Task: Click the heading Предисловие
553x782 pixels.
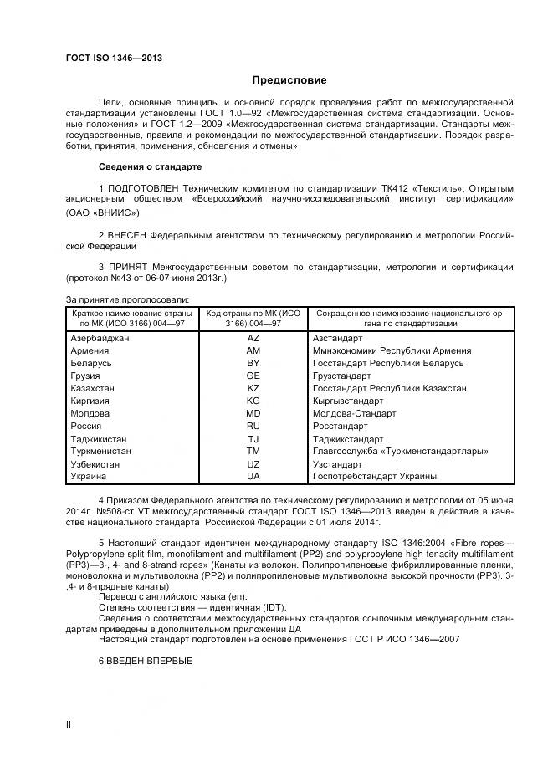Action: pyautogui.click(x=289, y=80)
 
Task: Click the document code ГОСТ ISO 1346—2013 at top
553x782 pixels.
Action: pyautogui.click(x=114, y=58)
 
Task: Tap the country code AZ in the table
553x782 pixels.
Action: pyautogui.click(x=253, y=338)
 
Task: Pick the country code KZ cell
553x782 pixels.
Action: pyautogui.click(x=253, y=388)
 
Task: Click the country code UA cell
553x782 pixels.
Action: pyautogui.click(x=253, y=476)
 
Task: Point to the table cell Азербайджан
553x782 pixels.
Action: pyautogui.click(x=100, y=338)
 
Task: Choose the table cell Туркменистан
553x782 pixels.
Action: pyautogui.click(x=102, y=451)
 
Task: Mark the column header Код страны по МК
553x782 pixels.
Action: pyautogui.click(x=253, y=317)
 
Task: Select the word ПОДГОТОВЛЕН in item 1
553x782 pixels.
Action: pyautogui.click(x=145, y=187)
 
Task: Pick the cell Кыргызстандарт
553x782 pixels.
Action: pyautogui.click(x=350, y=401)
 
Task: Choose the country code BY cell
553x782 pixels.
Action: pyautogui.click(x=253, y=363)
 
